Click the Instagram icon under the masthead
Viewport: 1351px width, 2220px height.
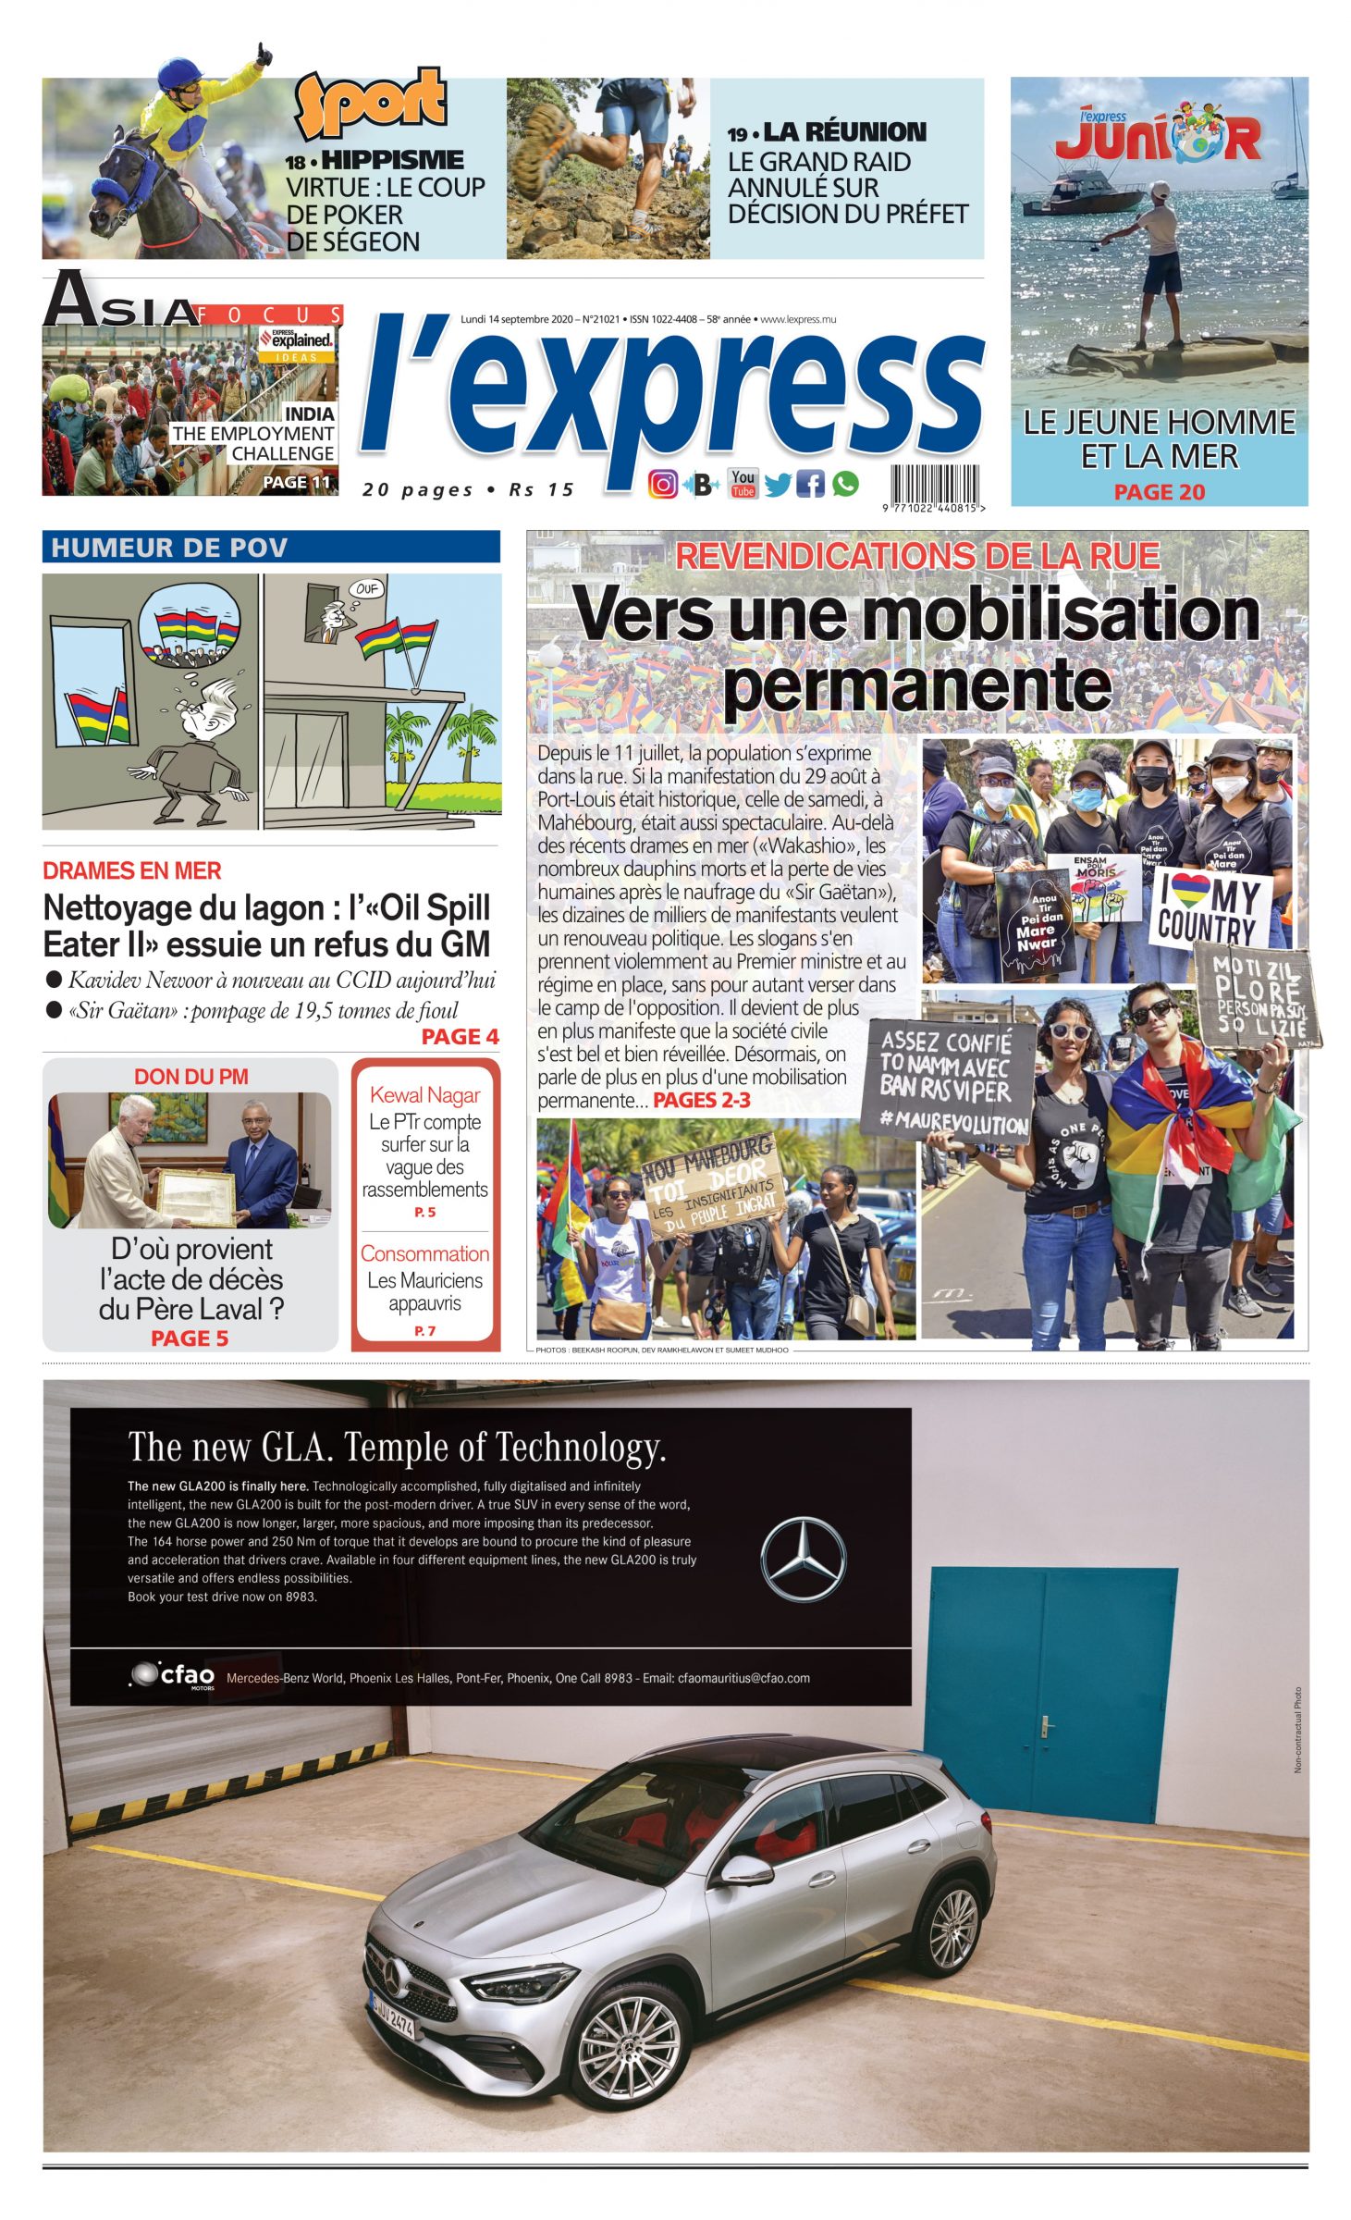click(662, 485)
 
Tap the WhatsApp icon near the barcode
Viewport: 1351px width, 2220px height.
click(845, 483)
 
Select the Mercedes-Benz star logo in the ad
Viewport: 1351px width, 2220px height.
click(803, 1559)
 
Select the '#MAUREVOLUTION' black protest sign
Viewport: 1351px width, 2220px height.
click(948, 1080)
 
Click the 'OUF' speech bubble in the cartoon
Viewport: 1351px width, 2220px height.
click(367, 589)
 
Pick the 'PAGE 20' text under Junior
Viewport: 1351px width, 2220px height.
click(1159, 492)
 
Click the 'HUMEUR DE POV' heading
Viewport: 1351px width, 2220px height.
click(169, 548)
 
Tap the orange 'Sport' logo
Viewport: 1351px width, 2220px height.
click(371, 102)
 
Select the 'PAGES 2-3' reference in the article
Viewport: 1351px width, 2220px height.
click(701, 1100)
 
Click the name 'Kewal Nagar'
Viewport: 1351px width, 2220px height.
click(424, 1095)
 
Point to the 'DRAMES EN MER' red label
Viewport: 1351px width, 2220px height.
click(132, 870)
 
